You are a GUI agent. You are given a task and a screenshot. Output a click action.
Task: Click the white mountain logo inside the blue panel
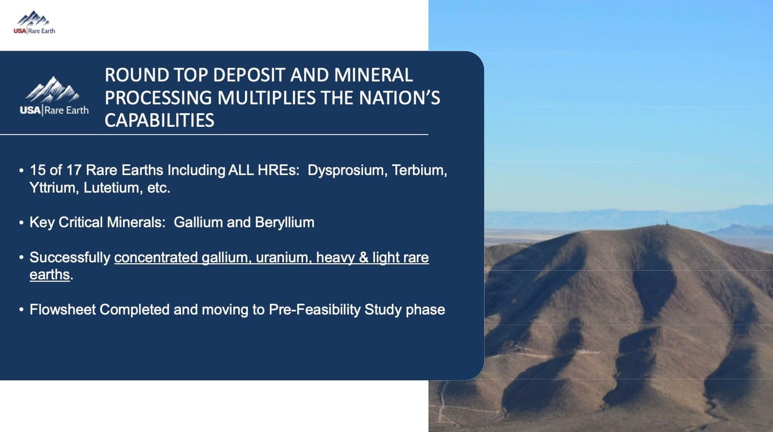tap(53, 90)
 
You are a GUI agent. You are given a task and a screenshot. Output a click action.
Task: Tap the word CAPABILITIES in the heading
tap(160, 120)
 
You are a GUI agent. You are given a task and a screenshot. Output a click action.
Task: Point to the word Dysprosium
tap(346, 170)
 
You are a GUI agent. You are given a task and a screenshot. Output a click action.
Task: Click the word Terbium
tap(419, 170)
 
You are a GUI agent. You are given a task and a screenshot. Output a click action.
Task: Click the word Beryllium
tap(285, 222)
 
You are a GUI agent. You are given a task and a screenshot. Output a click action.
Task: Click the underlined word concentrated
tap(156, 257)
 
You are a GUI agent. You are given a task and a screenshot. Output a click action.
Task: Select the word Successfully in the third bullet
tap(70, 257)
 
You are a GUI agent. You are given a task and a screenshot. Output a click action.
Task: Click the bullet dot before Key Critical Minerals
tap(21, 223)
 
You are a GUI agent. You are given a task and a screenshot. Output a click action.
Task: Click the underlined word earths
tap(50, 275)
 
